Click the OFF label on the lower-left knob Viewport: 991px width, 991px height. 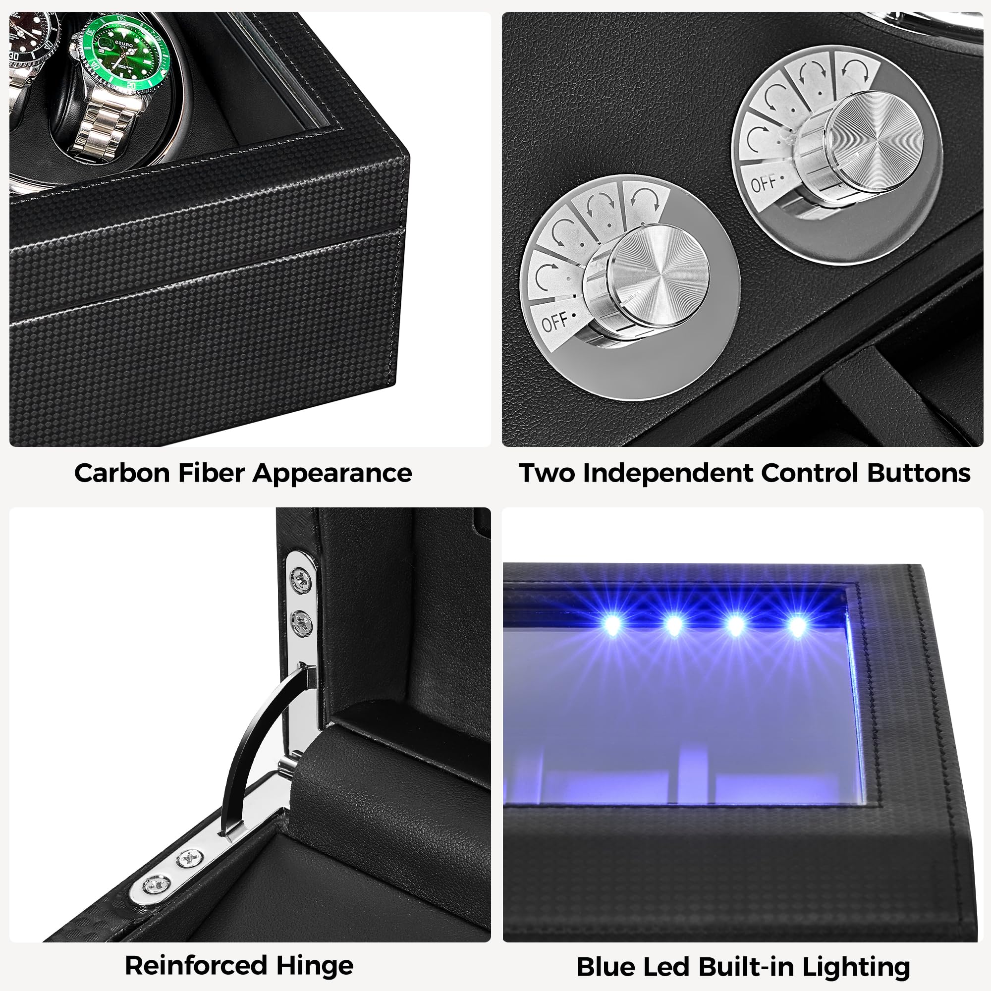554,322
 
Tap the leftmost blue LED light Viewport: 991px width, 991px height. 611,625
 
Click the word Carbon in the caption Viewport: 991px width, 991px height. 121,473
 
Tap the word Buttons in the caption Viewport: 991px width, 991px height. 918,473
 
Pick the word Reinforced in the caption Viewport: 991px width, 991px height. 197,965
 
